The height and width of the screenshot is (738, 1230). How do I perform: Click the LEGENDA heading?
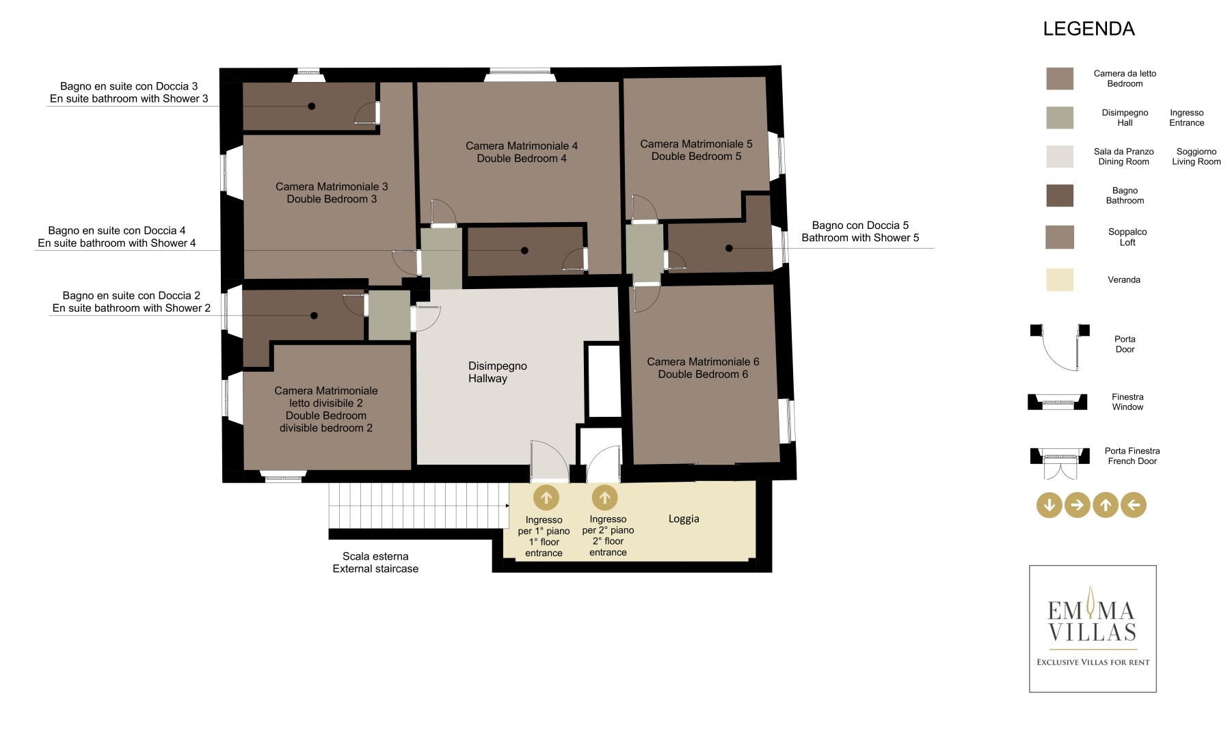click(1088, 29)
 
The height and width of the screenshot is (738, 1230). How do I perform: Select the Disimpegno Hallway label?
click(497, 372)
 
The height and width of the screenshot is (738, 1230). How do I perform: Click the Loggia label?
click(684, 519)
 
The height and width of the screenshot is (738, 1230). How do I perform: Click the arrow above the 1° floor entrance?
click(546, 498)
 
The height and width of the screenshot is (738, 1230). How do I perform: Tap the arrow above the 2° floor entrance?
click(604, 498)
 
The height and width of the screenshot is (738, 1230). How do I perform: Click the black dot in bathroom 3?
click(312, 106)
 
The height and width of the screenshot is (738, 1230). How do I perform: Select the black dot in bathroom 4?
click(524, 251)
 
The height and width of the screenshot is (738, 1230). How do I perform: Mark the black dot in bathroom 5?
click(729, 248)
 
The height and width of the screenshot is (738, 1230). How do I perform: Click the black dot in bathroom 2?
click(314, 316)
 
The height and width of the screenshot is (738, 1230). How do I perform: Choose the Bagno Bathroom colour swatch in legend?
click(1060, 195)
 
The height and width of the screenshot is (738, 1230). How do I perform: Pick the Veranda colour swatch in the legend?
click(1060, 279)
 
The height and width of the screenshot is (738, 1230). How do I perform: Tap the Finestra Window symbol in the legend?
click(1058, 402)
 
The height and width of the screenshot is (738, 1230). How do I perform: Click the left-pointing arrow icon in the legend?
click(1134, 506)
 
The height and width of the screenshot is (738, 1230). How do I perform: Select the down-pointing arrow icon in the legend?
click(1049, 506)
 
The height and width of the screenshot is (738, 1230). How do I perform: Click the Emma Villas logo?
click(1093, 629)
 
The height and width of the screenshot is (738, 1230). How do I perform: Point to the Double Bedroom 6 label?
click(703, 368)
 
